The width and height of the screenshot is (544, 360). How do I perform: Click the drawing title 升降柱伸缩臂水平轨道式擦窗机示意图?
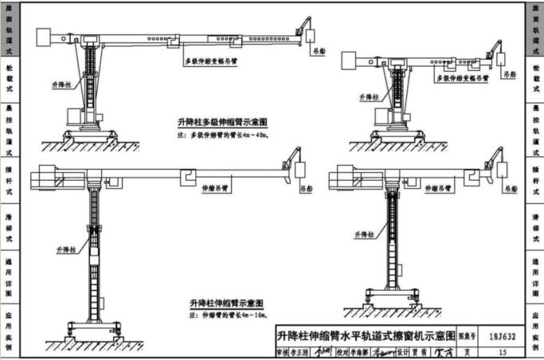tap(366, 335)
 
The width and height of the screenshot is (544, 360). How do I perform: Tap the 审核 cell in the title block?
tap(280, 350)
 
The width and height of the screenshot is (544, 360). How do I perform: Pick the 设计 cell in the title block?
tap(406, 350)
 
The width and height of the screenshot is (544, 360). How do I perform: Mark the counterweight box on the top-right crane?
tap(350, 59)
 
